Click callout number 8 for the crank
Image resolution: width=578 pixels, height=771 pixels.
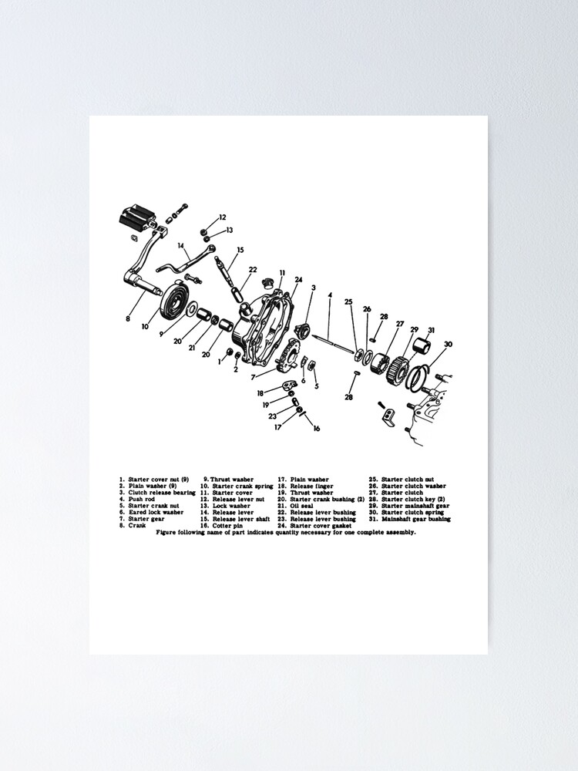[x=129, y=318]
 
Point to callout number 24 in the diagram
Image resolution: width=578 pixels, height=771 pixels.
[x=298, y=280]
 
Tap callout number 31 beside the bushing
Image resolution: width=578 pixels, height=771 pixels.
[x=431, y=330]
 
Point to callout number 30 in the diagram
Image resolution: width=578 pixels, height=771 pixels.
[x=448, y=345]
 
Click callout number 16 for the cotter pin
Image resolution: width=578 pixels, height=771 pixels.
[x=316, y=429]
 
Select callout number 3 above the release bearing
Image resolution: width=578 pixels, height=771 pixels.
[x=313, y=288]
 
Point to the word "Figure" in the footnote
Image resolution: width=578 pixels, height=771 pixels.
[x=166, y=532]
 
